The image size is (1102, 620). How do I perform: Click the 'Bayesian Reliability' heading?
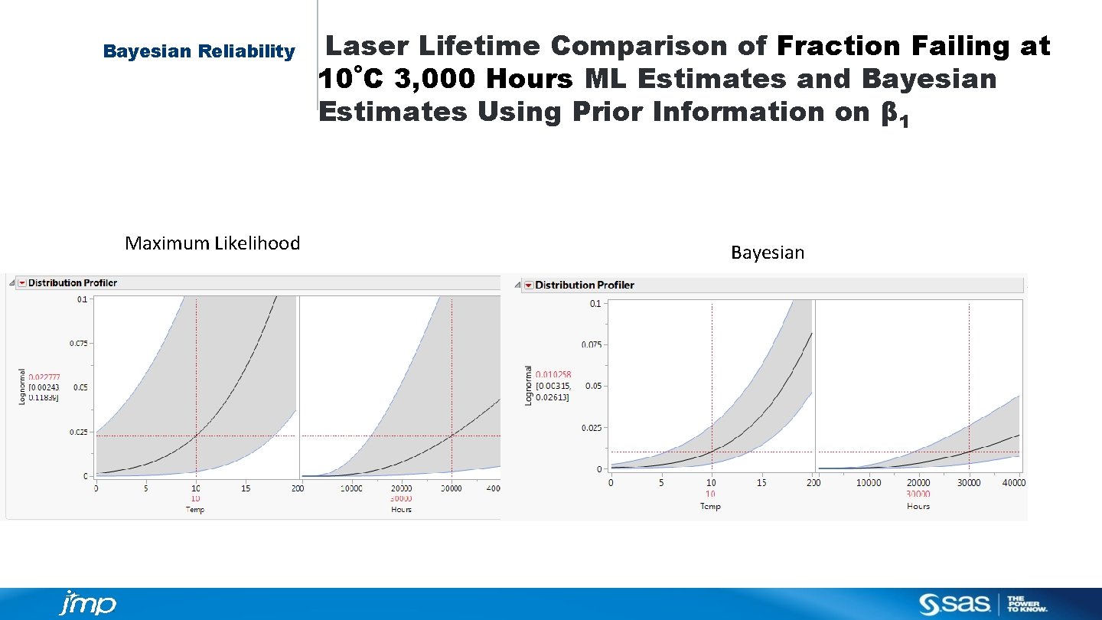click(x=199, y=51)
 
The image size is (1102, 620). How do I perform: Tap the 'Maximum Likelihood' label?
click(x=212, y=243)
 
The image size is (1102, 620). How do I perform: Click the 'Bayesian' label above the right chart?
click(x=768, y=253)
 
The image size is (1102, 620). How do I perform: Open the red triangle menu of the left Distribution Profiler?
click(x=22, y=283)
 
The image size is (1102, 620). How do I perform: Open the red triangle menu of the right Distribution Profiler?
click(x=528, y=286)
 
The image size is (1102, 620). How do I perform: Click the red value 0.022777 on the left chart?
click(x=44, y=377)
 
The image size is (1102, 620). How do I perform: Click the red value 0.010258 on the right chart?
click(x=553, y=374)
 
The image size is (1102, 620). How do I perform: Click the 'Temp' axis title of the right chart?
click(x=710, y=506)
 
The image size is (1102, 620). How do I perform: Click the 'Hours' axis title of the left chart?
click(x=401, y=509)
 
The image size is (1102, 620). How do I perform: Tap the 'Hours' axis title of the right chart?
click(x=918, y=506)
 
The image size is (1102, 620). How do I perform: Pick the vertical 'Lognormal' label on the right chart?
click(x=528, y=385)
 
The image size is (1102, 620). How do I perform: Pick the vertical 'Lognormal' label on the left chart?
click(x=21, y=387)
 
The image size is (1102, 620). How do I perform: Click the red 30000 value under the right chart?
click(x=918, y=494)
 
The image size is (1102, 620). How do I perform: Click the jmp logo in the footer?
click(x=87, y=603)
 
